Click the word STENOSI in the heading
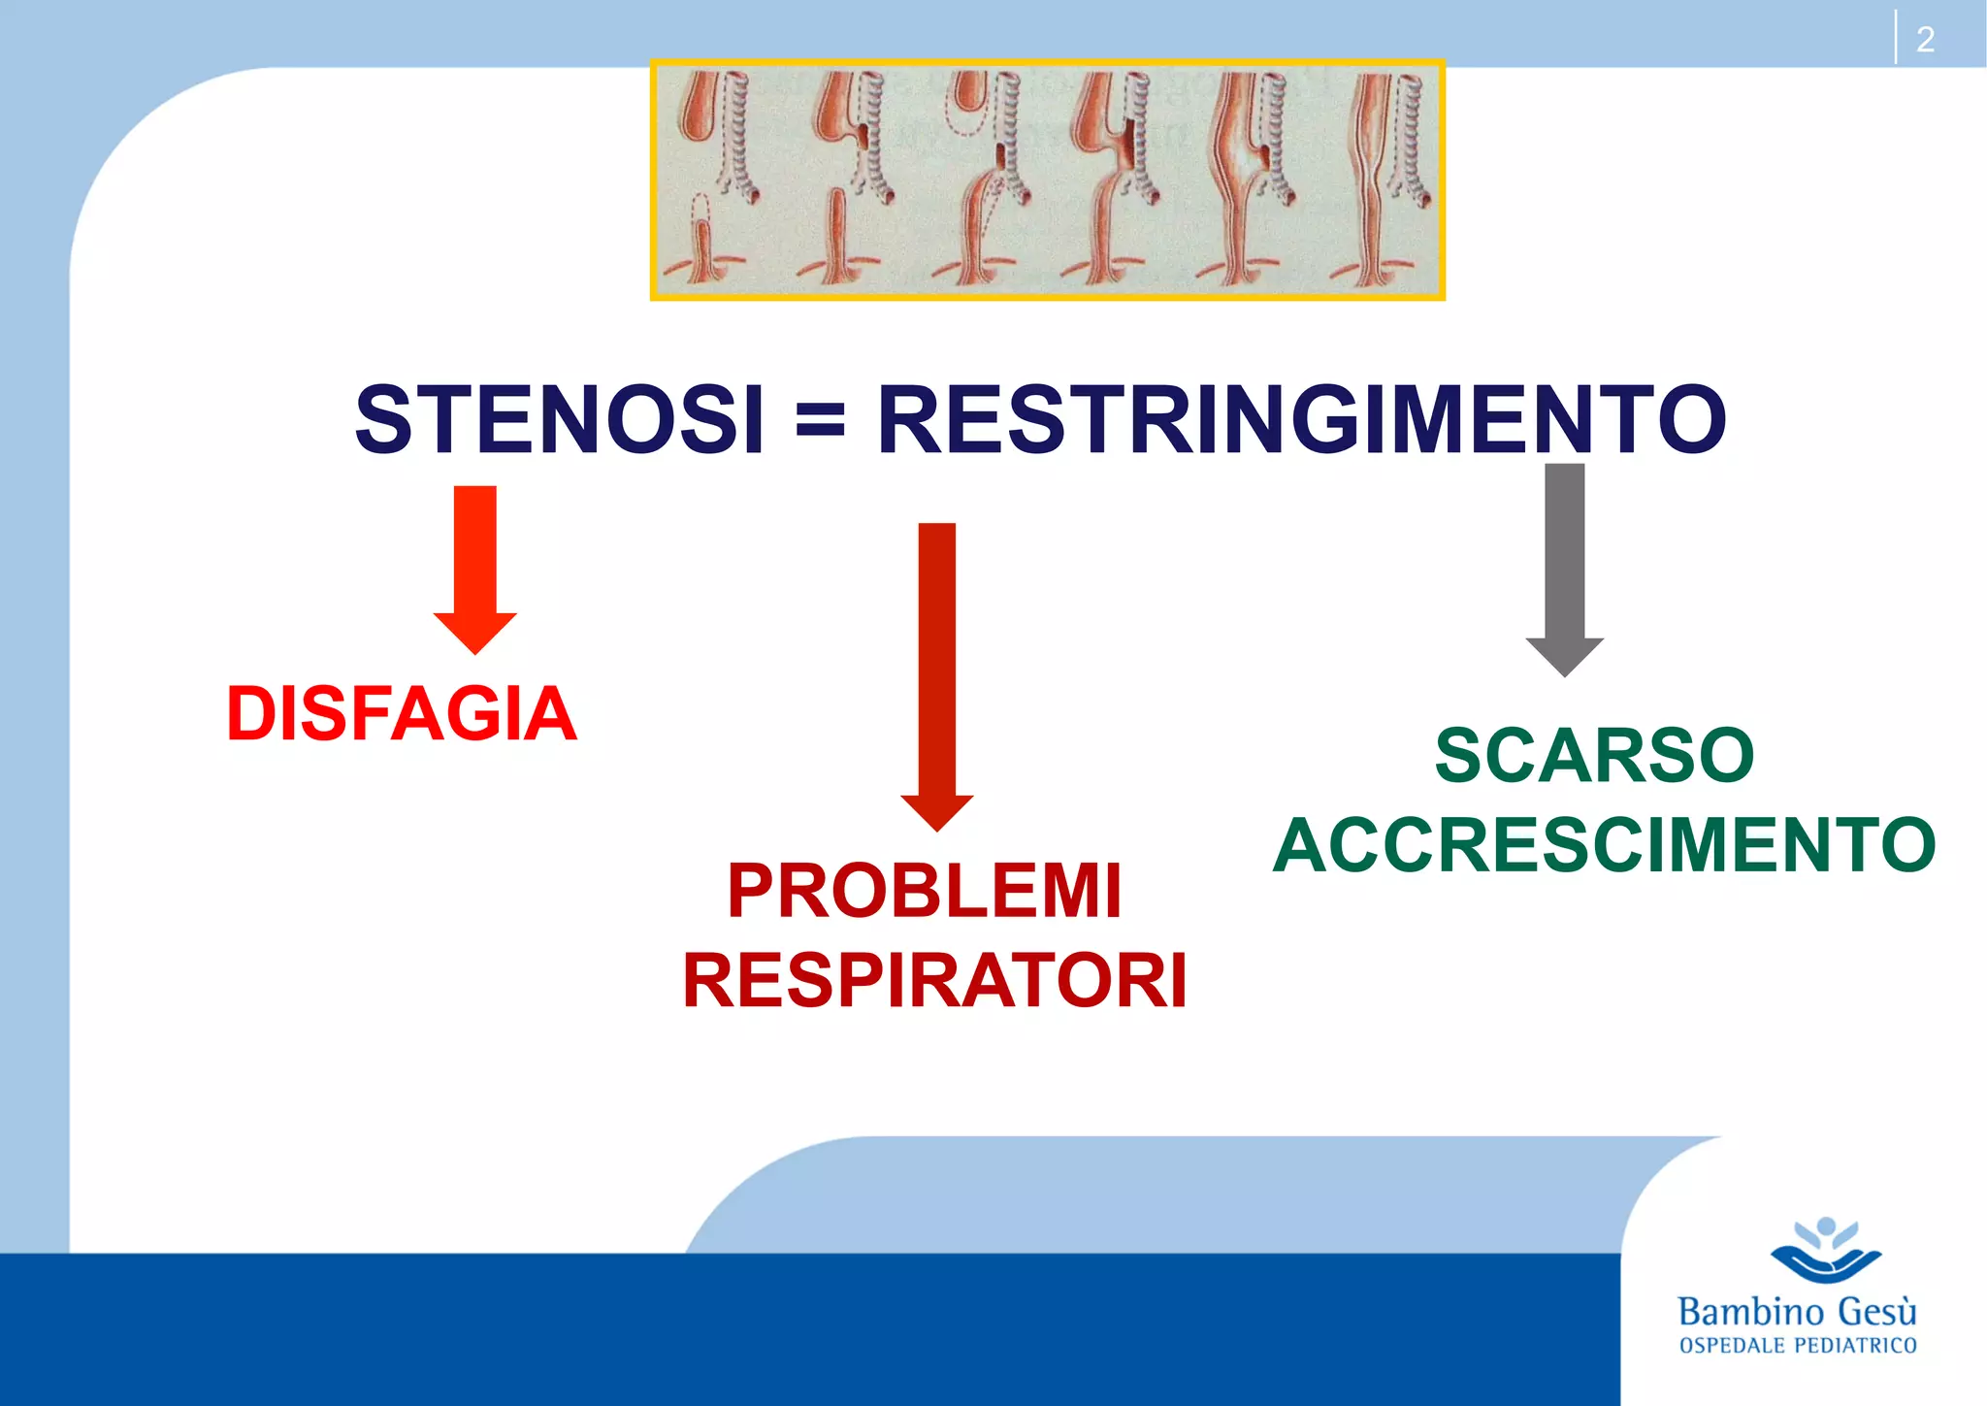coord(560,419)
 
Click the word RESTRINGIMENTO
coord(1301,419)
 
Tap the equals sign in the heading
coord(820,421)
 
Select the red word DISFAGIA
coord(402,714)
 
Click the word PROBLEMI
coord(925,891)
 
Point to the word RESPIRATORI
coord(934,981)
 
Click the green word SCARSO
coord(1594,755)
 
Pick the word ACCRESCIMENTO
coord(1604,845)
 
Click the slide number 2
coord(1925,40)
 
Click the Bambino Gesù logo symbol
coord(1826,1250)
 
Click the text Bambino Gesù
coord(1797,1312)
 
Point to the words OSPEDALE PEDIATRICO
coord(1797,1346)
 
